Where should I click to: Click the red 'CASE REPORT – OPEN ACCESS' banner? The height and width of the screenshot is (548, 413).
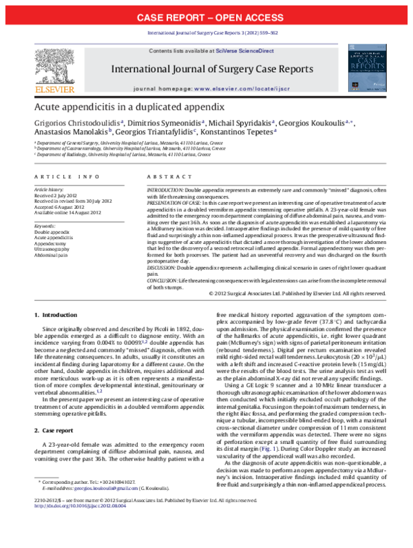[x=206, y=17]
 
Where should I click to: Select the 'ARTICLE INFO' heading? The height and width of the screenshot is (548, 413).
[x=61, y=177]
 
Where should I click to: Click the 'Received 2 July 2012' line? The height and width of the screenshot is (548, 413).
[x=56, y=195]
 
